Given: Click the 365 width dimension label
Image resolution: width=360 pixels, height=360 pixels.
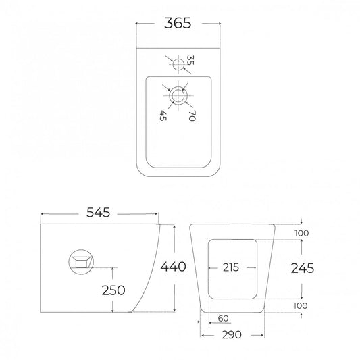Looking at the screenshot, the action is pyautogui.click(x=178, y=23).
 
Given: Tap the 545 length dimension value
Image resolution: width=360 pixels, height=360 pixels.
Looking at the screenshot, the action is pyautogui.click(x=98, y=213).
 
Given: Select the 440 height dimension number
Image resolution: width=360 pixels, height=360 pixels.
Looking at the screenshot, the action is pyautogui.click(x=174, y=267).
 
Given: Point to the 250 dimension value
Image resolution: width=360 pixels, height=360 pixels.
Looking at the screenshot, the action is pyautogui.click(x=113, y=290).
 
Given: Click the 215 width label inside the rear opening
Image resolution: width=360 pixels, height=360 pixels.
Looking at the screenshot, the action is pyautogui.click(x=231, y=267).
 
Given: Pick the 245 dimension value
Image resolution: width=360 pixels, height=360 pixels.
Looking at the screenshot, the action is pyautogui.click(x=303, y=268).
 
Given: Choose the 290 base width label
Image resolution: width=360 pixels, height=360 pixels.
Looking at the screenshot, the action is pyautogui.click(x=232, y=335).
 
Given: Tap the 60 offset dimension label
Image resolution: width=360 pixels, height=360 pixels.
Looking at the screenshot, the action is pyautogui.click(x=223, y=318).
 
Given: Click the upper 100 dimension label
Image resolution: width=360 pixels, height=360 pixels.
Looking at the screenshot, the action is pyautogui.click(x=302, y=233).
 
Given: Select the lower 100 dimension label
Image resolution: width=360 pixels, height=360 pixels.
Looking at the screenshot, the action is pyautogui.click(x=301, y=305).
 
